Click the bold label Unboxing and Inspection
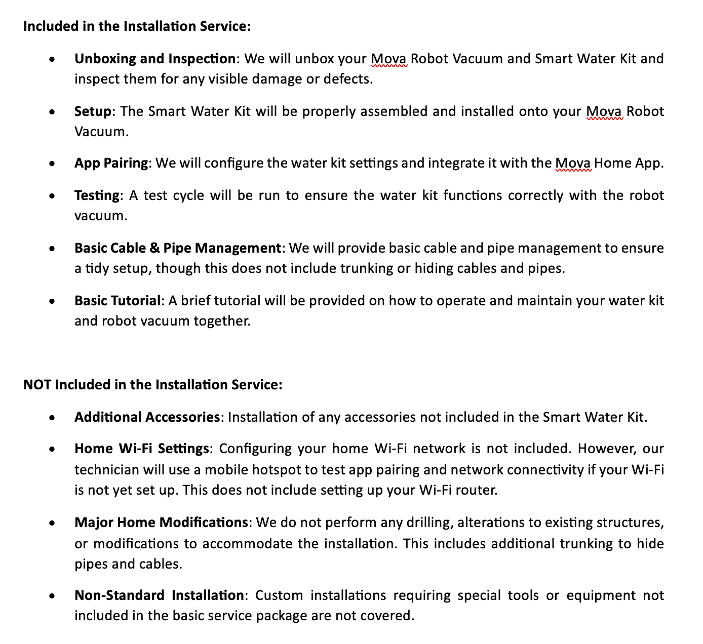tap(154, 59)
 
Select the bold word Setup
tap(92, 111)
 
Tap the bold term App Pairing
tap(111, 163)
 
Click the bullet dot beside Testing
tap(52, 196)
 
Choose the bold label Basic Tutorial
tap(117, 301)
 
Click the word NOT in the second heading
tap(37, 385)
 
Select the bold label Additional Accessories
tap(146, 417)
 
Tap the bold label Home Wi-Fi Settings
tap(141, 449)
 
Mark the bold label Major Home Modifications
tap(161, 522)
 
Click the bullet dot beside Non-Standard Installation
tap(52, 596)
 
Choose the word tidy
tap(96, 268)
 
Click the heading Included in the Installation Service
tap(137, 26)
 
